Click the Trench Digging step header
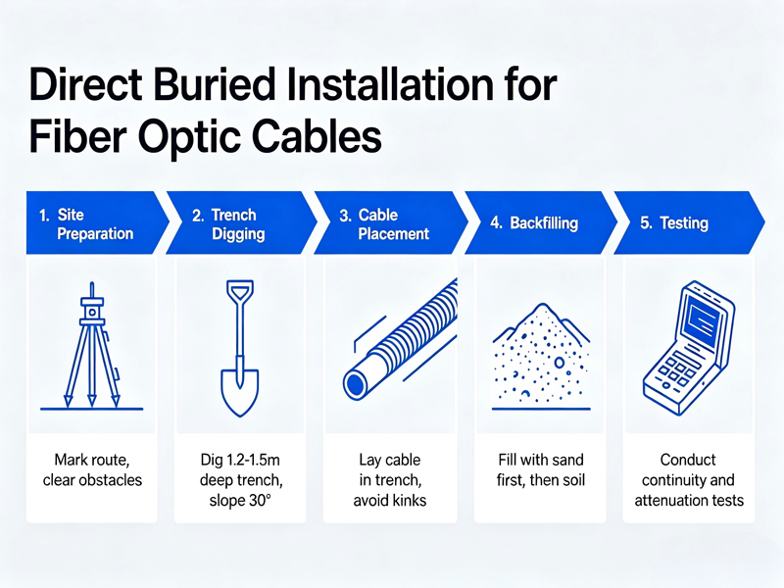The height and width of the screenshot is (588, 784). (x=236, y=224)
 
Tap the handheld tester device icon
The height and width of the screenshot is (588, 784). (x=686, y=343)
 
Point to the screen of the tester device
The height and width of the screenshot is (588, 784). (x=704, y=317)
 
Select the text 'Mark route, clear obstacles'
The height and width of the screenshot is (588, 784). (x=92, y=469)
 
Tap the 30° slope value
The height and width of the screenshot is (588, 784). (x=261, y=501)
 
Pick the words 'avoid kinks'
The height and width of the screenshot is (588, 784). (x=392, y=501)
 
